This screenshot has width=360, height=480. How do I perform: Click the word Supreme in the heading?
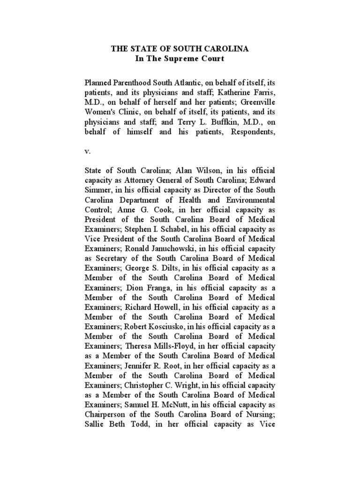click(x=180, y=59)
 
